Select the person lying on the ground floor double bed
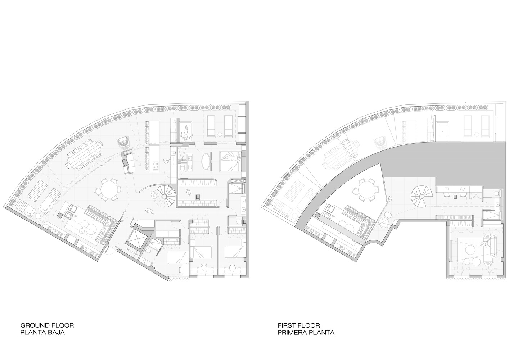tap(231, 157)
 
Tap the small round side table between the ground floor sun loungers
tap(220, 134)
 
